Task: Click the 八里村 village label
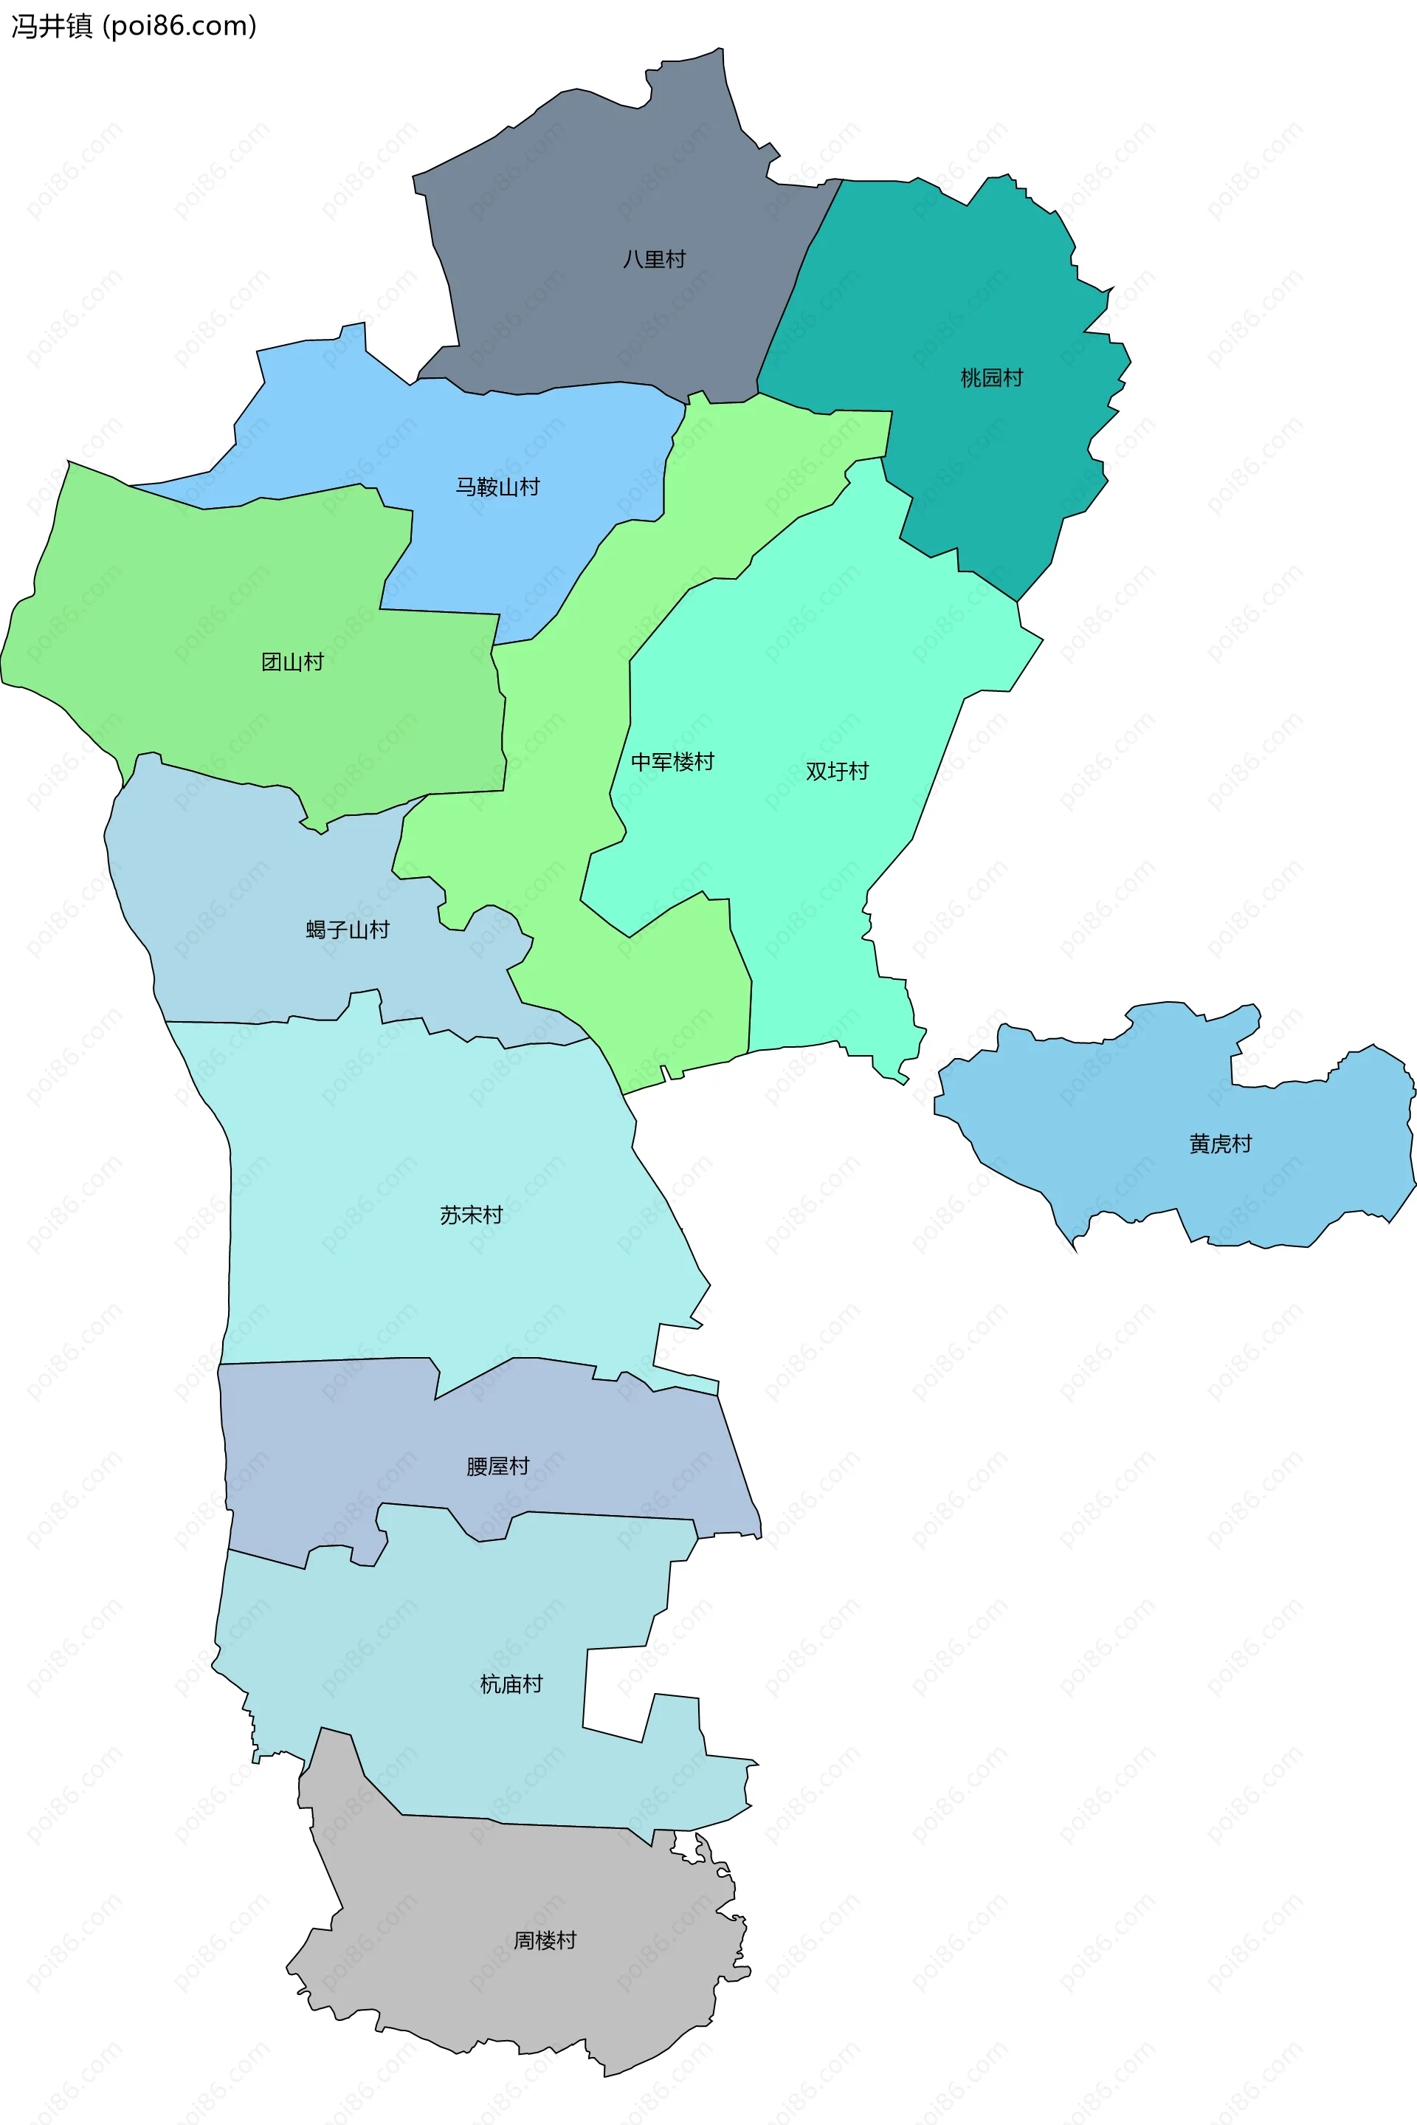[x=655, y=259]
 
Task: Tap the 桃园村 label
[x=991, y=378]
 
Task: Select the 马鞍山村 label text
[x=497, y=487]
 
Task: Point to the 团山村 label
[x=292, y=662]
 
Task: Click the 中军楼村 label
[x=672, y=762]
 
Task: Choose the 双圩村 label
[x=837, y=771]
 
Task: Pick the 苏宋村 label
[x=471, y=1215]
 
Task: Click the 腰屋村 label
[x=497, y=1466]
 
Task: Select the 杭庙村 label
[x=511, y=1684]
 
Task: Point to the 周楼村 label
[x=544, y=1940]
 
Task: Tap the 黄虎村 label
[x=1220, y=1144]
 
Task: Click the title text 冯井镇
[x=52, y=27]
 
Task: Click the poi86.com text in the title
[x=180, y=27]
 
